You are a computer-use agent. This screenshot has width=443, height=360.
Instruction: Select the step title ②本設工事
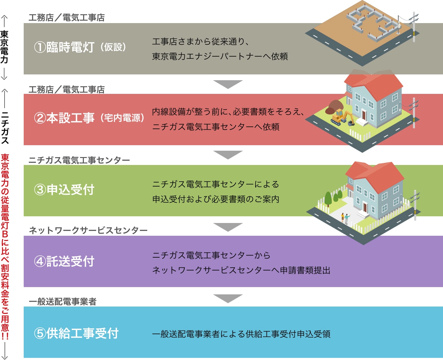[64, 118]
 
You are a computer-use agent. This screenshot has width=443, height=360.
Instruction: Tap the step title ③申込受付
[64, 190]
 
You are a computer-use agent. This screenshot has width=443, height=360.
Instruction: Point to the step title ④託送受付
[64, 261]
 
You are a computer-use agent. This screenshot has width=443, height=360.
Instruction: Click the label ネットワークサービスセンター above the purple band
[88, 230]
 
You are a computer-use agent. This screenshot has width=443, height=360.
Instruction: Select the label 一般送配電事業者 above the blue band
[63, 301]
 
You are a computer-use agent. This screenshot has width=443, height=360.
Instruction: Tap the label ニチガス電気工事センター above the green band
[79, 160]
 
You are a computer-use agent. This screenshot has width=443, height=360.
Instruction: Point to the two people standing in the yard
[345, 218]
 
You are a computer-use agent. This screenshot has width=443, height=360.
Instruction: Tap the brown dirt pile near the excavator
[334, 106]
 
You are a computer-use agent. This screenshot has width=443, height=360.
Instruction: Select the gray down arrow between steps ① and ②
[228, 84]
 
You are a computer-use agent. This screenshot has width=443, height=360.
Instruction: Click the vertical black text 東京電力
[4, 47]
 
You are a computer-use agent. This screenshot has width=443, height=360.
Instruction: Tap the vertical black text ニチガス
[5, 128]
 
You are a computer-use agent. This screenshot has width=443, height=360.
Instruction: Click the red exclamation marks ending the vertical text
[5, 336]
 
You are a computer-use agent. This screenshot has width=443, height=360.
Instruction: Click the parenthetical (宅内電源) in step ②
[122, 118]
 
